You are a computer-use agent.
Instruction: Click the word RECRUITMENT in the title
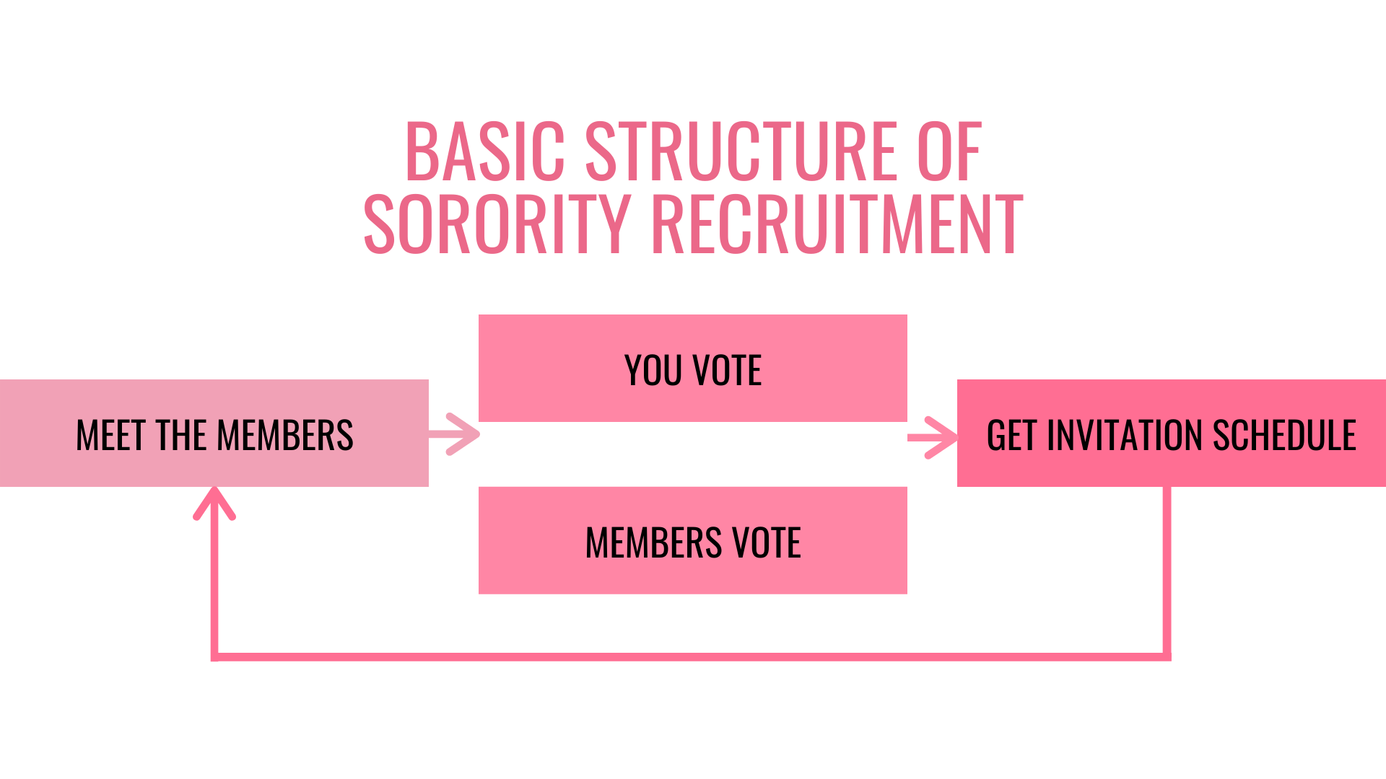[x=837, y=224]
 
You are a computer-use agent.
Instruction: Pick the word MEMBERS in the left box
[x=285, y=436]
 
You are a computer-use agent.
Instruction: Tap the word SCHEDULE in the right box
[x=1284, y=436]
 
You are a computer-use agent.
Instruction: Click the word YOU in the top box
[x=653, y=371]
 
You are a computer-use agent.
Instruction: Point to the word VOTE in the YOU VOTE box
[x=727, y=371]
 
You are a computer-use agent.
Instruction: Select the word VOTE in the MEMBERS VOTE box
[x=767, y=542]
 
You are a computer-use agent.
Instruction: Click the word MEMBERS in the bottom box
[x=653, y=542]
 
